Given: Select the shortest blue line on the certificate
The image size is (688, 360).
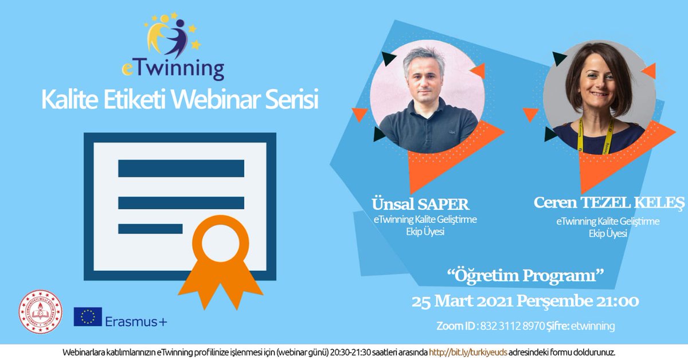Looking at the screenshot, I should tap(150, 229).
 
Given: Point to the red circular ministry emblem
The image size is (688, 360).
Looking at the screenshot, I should tap(40, 312).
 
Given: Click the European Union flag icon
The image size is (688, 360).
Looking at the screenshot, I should tap(88, 317).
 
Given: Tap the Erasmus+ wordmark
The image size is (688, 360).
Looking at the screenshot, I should tap(136, 322).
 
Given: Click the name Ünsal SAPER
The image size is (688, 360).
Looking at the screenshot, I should tap(420, 204).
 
